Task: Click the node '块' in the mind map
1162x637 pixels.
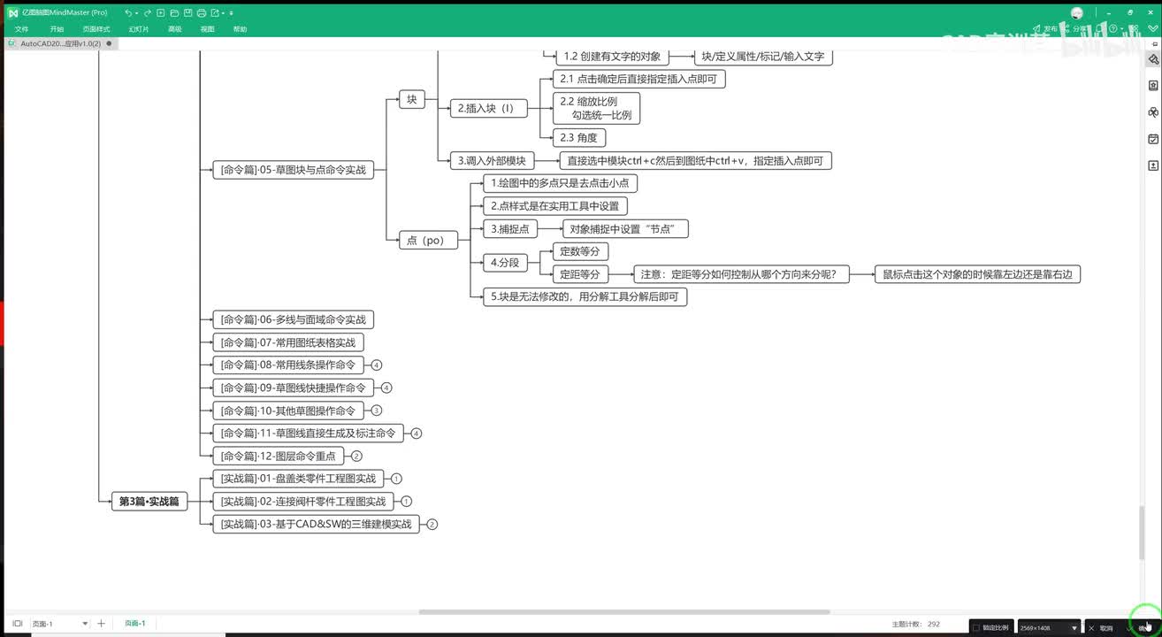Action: pos(411,100)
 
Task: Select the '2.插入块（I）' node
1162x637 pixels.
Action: pos(487,109)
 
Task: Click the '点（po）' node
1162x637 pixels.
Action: pos(425,240)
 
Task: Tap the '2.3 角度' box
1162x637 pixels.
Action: pos(578,138)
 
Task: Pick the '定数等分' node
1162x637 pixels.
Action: pos(579,252)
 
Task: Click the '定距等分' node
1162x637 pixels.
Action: pos(579,274)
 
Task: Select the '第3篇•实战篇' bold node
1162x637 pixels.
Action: pos(149,502)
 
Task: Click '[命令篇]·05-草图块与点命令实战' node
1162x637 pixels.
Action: pos(293,170)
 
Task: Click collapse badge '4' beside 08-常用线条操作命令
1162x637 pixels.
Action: pos(377,365)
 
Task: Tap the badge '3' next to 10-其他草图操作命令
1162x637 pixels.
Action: pos(377,411)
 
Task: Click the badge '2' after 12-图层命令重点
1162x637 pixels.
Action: pos(356,457)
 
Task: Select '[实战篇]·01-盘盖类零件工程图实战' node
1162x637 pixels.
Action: pos(298,479)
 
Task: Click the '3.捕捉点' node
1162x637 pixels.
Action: pos(509,229)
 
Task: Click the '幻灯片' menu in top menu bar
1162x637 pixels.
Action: pos(139,29)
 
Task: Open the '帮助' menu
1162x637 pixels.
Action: pos(240,29)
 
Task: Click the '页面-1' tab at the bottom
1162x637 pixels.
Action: pos(134,624)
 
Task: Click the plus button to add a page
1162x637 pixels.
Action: pos(101,624)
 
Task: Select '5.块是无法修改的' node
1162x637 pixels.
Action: pos(585,297)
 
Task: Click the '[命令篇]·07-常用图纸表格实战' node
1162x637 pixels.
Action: pos(288,342)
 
